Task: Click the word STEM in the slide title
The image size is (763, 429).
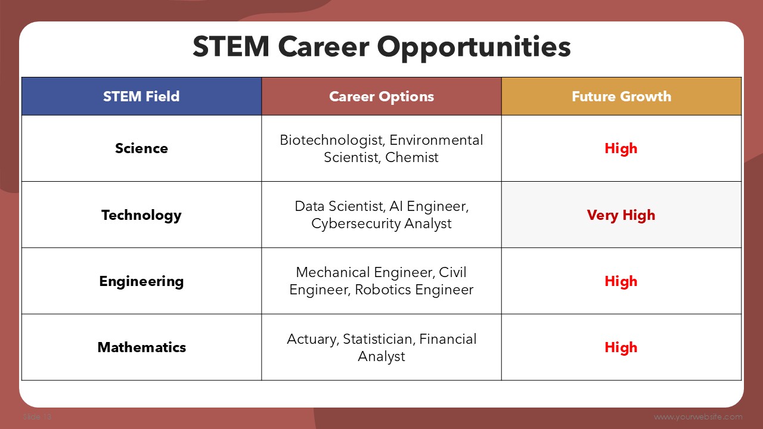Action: click(x=231, y=46)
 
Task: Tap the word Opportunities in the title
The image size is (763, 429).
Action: click(x=474, y=48)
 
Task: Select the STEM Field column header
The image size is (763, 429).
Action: click(x=141, y=97)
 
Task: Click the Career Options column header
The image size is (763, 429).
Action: click(x=381, y=97)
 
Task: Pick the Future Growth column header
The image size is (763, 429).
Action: click(x=621, y=97)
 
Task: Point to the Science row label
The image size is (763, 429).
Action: click(x=141, y=148)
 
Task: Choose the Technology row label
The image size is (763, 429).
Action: click(x=141, y=215)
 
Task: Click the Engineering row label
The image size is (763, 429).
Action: click(x=141, y=282)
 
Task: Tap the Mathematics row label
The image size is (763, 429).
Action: click(x=141, y=347)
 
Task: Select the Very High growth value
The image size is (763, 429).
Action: click(x=621, y=215)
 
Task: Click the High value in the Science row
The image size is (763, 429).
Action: click(x=621, y=149)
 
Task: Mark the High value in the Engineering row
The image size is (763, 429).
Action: click(x=621, y=282)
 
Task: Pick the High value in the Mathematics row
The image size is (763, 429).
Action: click(x=621, y=347)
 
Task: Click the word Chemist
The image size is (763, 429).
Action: click(x=411, y=157)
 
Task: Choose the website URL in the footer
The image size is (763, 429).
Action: click(x=698, y=416)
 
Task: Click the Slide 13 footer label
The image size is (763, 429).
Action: click(x=38, y=416)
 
